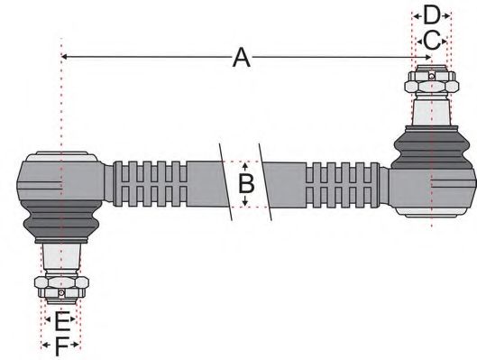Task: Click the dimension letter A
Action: [x=241, y=59]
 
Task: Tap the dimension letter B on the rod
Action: [x=245, y=185]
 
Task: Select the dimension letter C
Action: [x=431, y=40]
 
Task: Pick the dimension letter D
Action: [x=431, y=15]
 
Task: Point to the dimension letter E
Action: [x=60, y=320]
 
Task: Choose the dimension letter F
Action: [x=60, y=345]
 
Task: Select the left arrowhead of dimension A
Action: [x=66, y=59]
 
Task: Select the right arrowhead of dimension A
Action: [x=426, y=59]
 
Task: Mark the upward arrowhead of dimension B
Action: [x=245, y=165]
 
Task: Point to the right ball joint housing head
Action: [x=435, y=185]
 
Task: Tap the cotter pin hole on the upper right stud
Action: [x=432, y=76]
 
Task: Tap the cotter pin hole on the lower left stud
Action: [x=60, y=293]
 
